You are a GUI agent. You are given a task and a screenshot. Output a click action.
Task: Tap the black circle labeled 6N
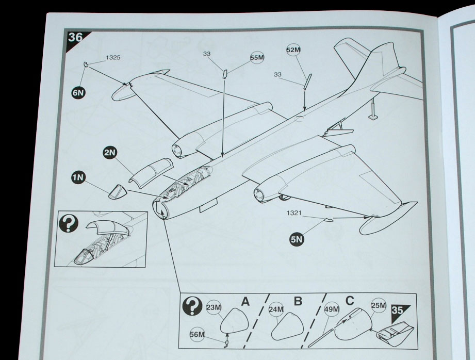point(78,93)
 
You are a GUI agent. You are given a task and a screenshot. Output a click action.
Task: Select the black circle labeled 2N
point(109,153)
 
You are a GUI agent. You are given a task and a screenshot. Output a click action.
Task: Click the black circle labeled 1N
point(78,178)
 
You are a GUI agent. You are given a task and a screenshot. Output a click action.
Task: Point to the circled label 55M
point(257,58)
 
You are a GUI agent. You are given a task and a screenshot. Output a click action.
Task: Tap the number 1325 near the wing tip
point(113,58)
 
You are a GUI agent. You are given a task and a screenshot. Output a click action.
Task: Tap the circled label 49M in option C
point(332,309)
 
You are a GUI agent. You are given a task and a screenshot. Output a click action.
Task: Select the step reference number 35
point(397,310)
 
